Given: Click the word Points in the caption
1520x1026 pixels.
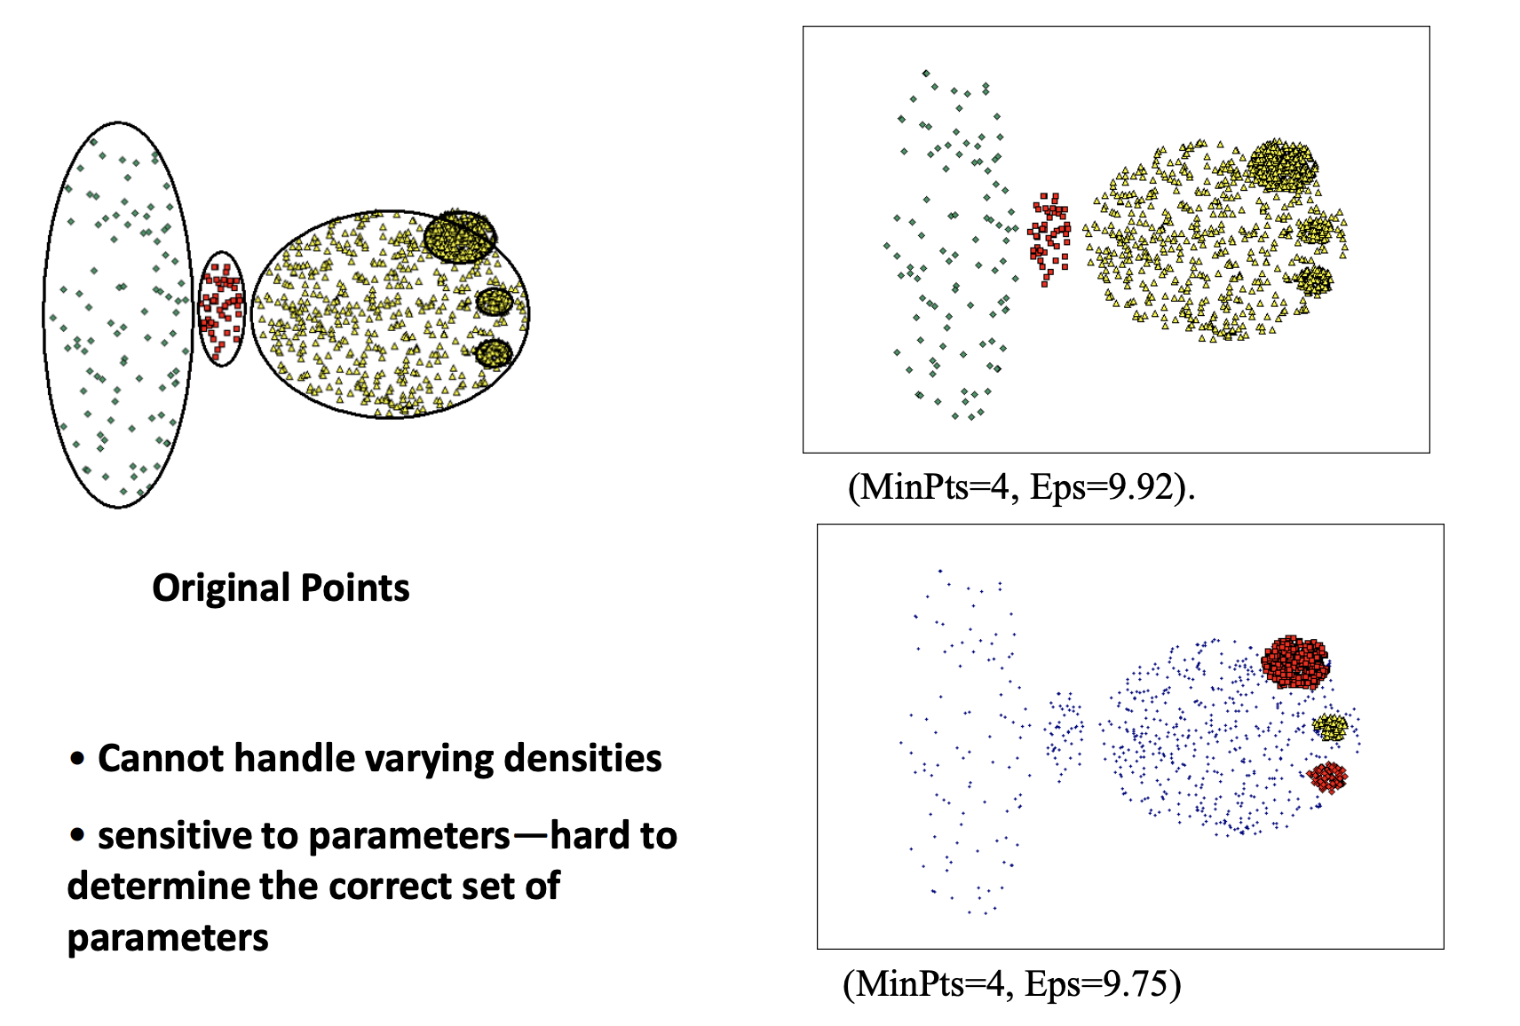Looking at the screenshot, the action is point(355,588).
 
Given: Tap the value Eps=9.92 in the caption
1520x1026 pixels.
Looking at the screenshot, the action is point(1102,487).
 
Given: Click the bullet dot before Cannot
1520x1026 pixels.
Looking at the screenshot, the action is point(77,758).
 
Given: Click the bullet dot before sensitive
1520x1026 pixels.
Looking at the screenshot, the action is point(77,835).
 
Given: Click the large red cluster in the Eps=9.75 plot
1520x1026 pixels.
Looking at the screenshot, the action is point(1295,662).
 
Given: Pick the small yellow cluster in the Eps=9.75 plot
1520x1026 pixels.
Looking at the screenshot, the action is point(1330,728).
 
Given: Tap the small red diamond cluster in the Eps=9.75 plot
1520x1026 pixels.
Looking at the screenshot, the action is point(1326,777).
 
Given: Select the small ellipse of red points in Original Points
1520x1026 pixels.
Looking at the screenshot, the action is point(221,309).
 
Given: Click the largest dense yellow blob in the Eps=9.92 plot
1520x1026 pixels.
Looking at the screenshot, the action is point(1281,166).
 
